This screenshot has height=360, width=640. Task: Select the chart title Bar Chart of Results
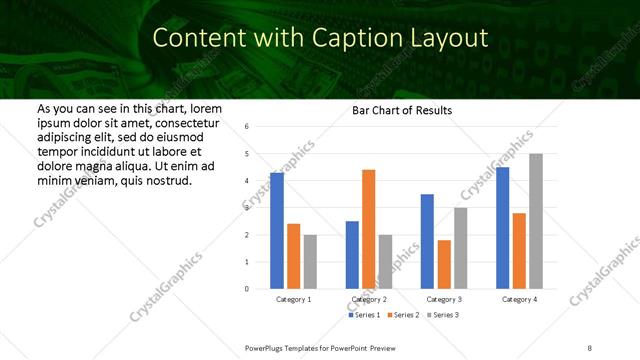click(401, 110)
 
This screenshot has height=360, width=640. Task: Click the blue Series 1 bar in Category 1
click(277, 230)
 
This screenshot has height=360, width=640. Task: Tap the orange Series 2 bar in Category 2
click(368, 229)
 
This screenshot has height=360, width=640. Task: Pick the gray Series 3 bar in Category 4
click(536, 221)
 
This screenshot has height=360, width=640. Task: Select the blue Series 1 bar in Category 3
click(427, 241)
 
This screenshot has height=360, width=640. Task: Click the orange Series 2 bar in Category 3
click(443, 264)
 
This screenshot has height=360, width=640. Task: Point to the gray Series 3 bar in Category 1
click(310, 261)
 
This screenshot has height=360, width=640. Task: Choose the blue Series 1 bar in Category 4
click(502, 227)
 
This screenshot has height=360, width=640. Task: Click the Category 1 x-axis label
click(293, 299)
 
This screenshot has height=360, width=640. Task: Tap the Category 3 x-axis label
click(443, 299)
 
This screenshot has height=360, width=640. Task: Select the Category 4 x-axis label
click(519, 299)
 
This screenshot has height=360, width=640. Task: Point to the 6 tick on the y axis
click(247, 127)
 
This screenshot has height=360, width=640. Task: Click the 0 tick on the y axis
click(247, 289)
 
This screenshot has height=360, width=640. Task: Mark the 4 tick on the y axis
click(247, 181)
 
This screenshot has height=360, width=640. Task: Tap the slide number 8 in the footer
click(590, 346)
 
